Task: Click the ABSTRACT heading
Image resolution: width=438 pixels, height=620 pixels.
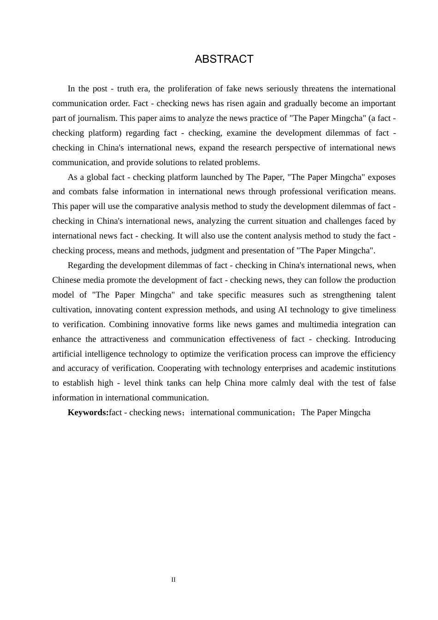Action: pyautogui.click(x=224, y=59)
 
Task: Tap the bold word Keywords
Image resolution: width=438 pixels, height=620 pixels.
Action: pyautogui.click(x=88, y=412)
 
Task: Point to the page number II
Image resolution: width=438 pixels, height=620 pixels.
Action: pyautogui.click(x=173, y=580)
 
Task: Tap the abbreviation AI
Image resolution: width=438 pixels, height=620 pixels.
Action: pyautogui.click(x=283, y=310)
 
